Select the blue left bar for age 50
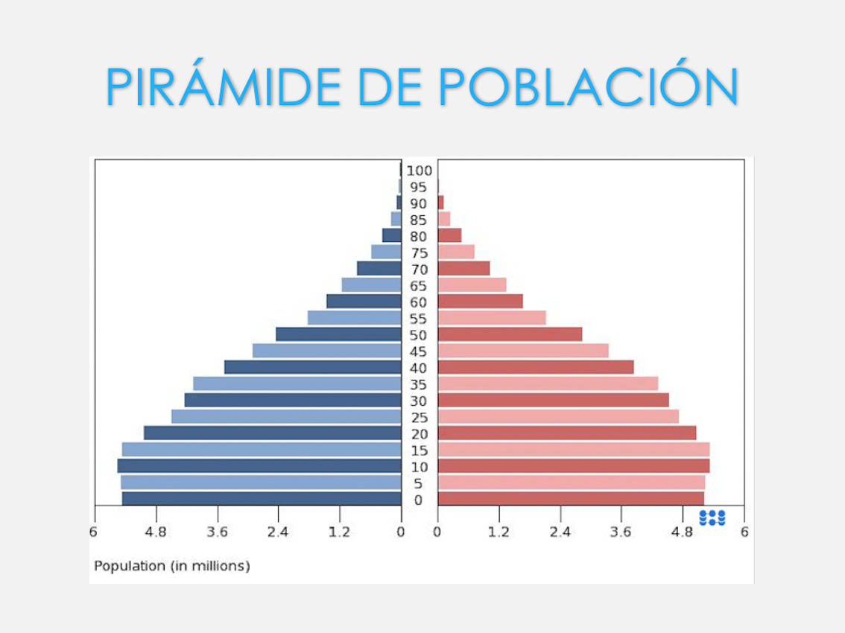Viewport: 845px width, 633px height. point(338,334)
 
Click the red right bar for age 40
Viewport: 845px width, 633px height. point(536,367)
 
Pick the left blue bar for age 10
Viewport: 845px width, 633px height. point(259,466)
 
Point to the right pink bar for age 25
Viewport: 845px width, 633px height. point(558,416)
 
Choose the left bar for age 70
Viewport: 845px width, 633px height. point(379,268)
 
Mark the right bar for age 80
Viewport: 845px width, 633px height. point(449,235)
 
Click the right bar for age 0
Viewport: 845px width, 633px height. point(571,499)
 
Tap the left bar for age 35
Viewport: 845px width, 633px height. point(297,384)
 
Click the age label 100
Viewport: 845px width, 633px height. point(420,171)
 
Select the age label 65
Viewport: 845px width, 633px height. point(419,286)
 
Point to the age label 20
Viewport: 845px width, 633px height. point(419,434)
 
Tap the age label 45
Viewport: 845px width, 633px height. point(419,352)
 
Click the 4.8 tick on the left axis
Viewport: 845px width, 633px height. point(156,532)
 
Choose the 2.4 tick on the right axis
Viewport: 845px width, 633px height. point(560,532)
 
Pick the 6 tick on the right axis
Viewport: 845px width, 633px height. point(744,532)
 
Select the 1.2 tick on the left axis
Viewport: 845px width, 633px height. point(340,532)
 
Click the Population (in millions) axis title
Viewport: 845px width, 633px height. point(172,566)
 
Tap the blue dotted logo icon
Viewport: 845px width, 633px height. point(712,518)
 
